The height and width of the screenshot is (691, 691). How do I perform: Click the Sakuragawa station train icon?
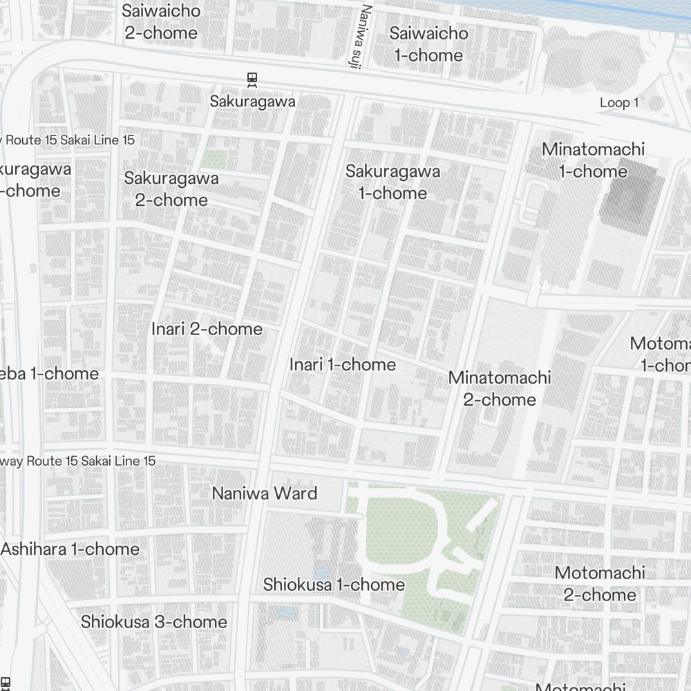click(253, 79)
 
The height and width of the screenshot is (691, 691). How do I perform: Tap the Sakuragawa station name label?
click(253, 102)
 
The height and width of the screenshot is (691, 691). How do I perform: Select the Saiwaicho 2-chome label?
click(162, 21)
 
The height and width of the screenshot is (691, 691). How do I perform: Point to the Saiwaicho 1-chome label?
click(428, 44)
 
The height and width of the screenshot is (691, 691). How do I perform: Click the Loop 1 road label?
click(618, 103)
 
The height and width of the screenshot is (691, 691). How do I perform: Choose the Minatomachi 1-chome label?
click(593, 160)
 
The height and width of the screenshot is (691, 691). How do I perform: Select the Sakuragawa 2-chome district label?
click(171, 189)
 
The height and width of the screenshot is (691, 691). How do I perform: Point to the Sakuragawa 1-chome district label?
click(393, 182)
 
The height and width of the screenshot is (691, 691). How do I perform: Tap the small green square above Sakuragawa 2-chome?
click(214, 160)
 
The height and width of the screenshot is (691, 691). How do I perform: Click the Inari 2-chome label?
click(207, 329)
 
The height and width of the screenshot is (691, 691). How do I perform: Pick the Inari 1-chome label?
click(343, 364)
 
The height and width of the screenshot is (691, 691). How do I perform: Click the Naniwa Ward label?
click(265, 493)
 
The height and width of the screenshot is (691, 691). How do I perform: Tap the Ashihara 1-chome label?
click(70, 549)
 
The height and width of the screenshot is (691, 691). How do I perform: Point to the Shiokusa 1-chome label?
click(334, 585)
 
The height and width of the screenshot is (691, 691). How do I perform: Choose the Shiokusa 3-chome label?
click(154, 622)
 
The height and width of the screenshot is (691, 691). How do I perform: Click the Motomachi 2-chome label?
click(599, 583)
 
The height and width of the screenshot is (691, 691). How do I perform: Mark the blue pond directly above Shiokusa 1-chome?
click(321, 574)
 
